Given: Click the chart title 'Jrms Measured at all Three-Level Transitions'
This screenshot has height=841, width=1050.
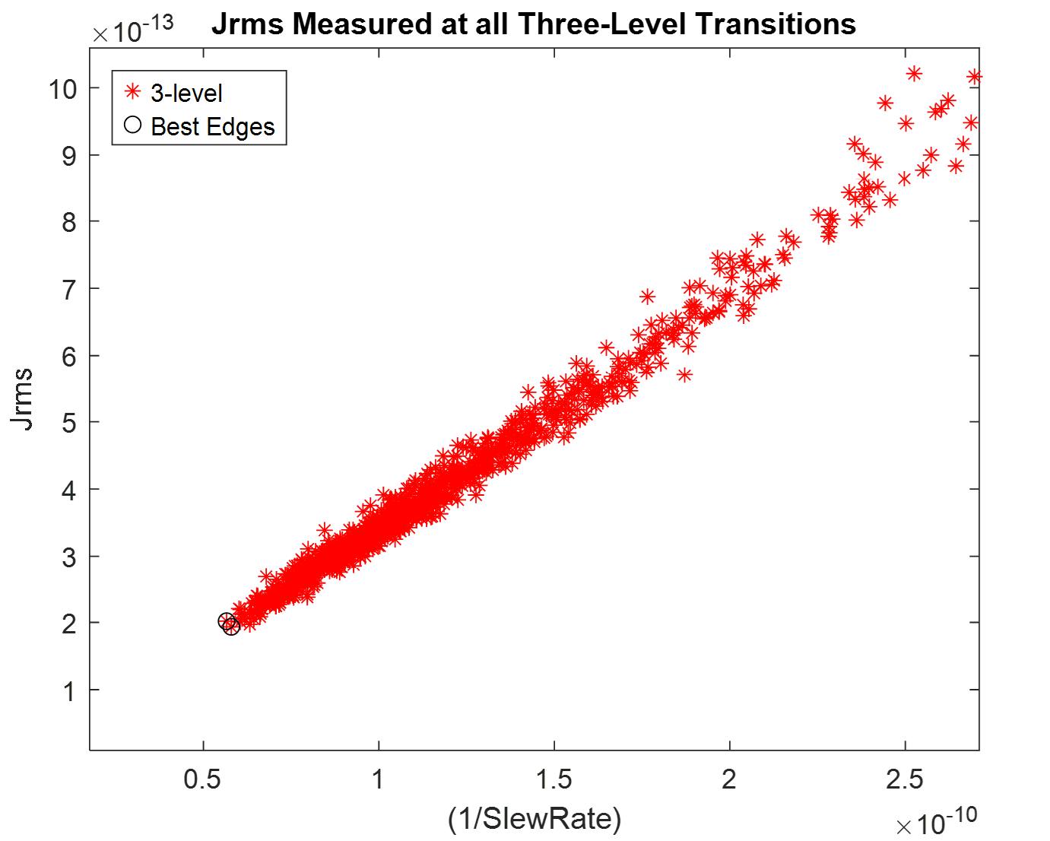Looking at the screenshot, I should (x=533, y=24).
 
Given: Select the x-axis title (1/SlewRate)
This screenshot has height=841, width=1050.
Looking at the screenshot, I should (x=534, y=818).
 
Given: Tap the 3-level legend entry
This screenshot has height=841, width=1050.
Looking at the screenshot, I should (x=186, y=93).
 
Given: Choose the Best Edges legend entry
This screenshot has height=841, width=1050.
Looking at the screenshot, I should (x=212, y=126).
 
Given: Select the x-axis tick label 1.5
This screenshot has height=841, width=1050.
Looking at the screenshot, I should (x=554, y=779).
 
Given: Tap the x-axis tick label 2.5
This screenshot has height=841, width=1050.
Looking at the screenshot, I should (x=905, y=779).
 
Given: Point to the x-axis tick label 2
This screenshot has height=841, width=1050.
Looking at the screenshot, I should (x=729, y=779).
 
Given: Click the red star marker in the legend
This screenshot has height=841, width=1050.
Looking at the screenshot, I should (x=133, y=92).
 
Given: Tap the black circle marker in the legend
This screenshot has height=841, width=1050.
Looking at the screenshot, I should (x=133, y=125).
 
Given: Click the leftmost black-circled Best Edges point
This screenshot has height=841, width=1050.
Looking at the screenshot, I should (x=226, y=621).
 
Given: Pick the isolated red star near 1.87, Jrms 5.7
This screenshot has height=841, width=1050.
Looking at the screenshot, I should (x=684, y=375).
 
